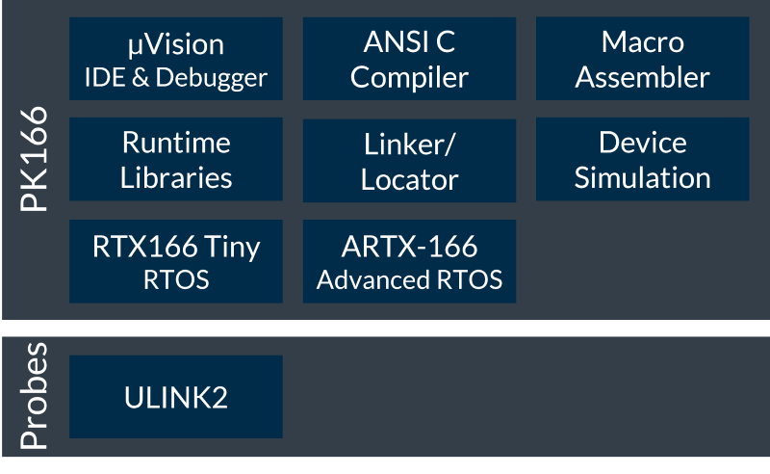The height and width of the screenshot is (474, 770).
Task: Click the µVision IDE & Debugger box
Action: tap(176, 59)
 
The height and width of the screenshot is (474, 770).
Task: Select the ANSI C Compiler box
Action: tap(409, 59)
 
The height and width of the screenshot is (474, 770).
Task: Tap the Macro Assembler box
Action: tap(642, 59)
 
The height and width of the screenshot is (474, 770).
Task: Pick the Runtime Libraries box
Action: tap(176, 159)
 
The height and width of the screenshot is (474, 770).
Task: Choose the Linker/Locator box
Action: tap(409, 159)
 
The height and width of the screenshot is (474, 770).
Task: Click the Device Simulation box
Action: tap(642, 159)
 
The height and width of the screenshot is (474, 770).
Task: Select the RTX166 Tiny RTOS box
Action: tap(176, 261)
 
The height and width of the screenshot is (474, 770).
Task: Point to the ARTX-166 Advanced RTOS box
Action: tap(409, 261)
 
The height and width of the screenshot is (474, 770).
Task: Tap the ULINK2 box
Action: tap(176, 397)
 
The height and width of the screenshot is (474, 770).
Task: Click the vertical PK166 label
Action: tap(35, 164)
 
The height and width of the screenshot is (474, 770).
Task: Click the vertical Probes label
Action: tap(35, 397)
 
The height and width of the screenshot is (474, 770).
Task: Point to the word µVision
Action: tap(176, 44)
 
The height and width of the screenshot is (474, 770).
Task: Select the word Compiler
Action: tap(409, 77)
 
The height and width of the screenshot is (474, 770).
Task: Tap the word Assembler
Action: tap(642, 77)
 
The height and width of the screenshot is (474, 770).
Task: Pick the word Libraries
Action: tap(176, 177)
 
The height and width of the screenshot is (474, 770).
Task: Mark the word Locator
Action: tap(409, 179)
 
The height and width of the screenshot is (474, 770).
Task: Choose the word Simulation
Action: tap(642, 177)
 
